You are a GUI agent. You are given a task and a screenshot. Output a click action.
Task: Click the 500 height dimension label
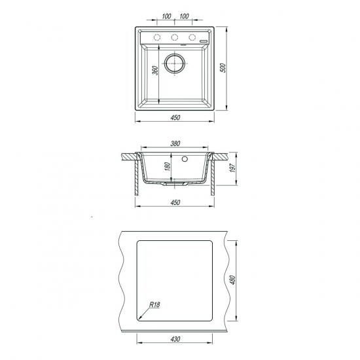click(223, 67)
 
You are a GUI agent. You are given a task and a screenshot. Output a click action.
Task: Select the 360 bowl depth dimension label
click(155, 71)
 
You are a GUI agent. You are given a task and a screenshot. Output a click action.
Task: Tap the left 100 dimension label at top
click(166, 16)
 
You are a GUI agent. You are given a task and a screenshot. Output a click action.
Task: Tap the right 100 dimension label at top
click(184, 16)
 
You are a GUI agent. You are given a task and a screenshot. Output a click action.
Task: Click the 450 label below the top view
click(175, 118)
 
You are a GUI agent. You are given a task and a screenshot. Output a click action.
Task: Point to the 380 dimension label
click(175, 143)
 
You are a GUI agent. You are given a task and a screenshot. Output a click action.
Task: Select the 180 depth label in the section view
click(168, 166)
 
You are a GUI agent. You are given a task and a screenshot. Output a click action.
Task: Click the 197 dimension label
click(233, 168)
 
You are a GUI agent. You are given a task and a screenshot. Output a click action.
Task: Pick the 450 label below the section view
click(175, 202)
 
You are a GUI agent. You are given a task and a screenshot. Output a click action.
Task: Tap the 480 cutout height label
click(233, 280)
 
